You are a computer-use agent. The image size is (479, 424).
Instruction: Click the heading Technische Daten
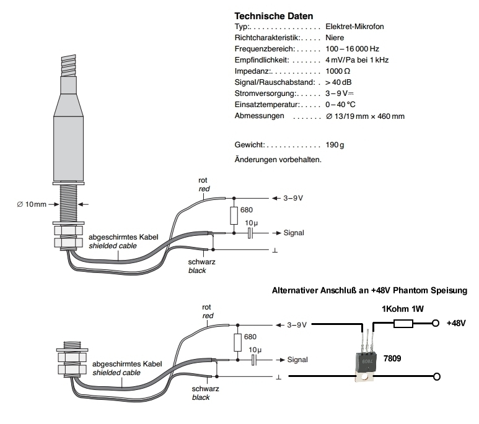273,16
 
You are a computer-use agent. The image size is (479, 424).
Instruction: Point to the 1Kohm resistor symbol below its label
403,323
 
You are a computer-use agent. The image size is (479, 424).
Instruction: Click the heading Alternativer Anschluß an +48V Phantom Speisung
370,290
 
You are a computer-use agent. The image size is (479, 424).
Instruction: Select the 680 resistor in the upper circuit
234,215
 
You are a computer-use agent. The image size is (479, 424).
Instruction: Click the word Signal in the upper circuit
294,233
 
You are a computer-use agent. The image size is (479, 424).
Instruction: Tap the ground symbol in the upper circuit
274,251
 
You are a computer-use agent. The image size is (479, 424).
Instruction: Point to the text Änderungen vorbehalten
278,160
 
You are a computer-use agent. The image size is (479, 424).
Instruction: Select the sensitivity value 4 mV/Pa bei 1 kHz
357,60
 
